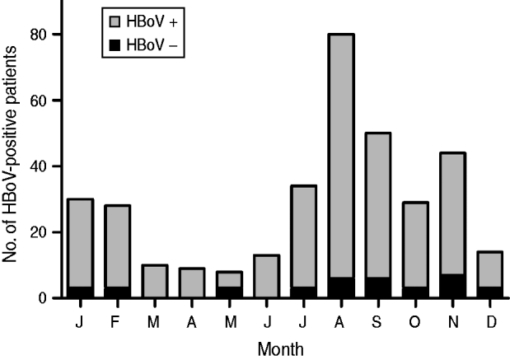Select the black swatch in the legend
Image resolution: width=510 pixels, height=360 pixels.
[x=114, y=49]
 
